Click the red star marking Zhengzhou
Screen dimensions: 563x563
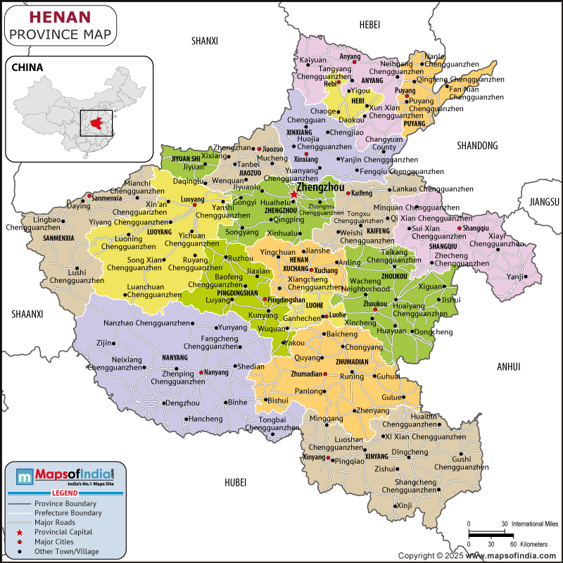coord(293,194)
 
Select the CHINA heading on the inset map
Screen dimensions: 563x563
coord(27,68)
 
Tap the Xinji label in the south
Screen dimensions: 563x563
coord(404,505)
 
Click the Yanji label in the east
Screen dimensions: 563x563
coord(515,277)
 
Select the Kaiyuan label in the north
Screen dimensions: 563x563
coord(313,60)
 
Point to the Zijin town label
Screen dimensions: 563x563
coord(105,343)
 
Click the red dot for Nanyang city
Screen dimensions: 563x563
coord(201,372)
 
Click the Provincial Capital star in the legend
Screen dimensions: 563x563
coord(20,533)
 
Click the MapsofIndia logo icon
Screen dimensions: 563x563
coord(25,477)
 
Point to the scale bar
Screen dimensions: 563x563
coord(487,533)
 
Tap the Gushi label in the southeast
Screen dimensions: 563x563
coord(461,459)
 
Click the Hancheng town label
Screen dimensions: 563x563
coord(205,419)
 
